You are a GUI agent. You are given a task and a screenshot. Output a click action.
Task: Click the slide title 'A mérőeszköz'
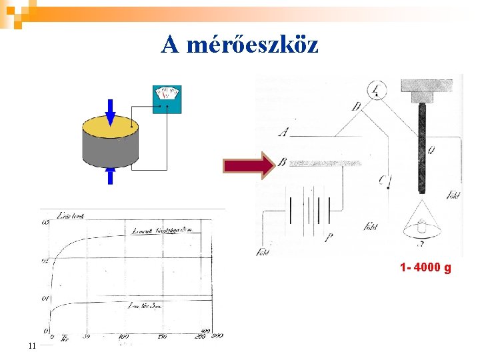[x=240, y=45]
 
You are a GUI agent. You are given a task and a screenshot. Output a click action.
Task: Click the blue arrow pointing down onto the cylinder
[x=111, y=111]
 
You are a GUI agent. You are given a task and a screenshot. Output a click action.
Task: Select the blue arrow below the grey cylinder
[x=111, y=175]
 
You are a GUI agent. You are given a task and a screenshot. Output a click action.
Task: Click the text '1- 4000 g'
[x=425, y=268]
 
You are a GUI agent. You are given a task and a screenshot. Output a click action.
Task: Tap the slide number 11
[x=31, y=345]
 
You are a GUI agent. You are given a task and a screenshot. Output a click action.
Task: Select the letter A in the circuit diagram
[x=285, y=132]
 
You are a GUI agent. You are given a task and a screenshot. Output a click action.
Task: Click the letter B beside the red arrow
[x=283, y=161]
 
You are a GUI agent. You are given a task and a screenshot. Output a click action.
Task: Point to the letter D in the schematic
[x=357, y=106]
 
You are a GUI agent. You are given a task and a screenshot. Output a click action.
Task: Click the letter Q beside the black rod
[x=431, y=151]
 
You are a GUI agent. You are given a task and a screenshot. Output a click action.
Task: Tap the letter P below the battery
[x=329, y=237]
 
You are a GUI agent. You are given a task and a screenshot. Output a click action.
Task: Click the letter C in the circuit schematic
[x=381, y=179]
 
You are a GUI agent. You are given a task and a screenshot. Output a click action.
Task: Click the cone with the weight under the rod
[x=421, y=227]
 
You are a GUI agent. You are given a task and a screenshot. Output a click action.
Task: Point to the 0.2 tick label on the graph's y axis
[x=45, y=261]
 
